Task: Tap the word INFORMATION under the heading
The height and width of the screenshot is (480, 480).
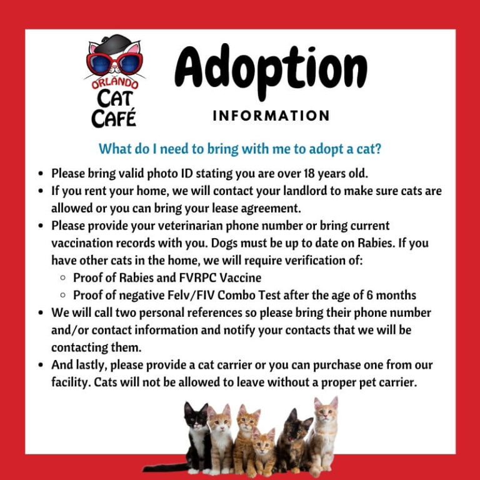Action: pyautogui.click(x=271, y=116)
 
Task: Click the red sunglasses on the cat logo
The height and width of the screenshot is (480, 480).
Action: pyautogui.click(x=114, y=62)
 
